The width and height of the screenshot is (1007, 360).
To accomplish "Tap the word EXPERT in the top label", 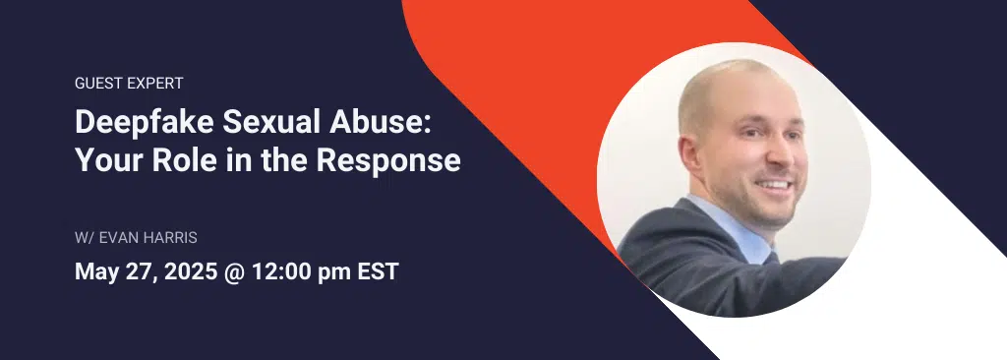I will tap(153, 84).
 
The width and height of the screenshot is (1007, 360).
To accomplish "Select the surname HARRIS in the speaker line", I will tap(179, 238).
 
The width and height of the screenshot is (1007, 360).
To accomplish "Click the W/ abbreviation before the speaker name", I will tap(85, 238).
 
